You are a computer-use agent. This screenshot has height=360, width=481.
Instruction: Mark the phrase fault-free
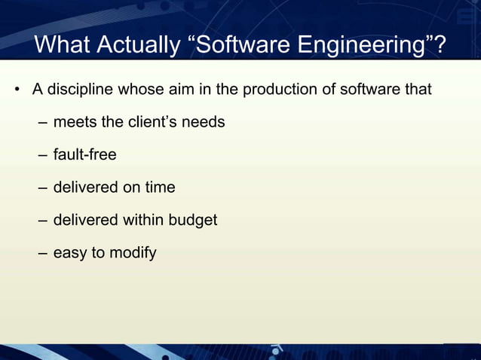click(x=84, y=154)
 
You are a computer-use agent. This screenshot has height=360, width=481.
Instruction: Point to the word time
click(x=159, y=187)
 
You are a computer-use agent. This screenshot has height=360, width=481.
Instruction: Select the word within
click(x=141, y=220)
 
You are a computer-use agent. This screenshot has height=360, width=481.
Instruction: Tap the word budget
click(x=192, y=220)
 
